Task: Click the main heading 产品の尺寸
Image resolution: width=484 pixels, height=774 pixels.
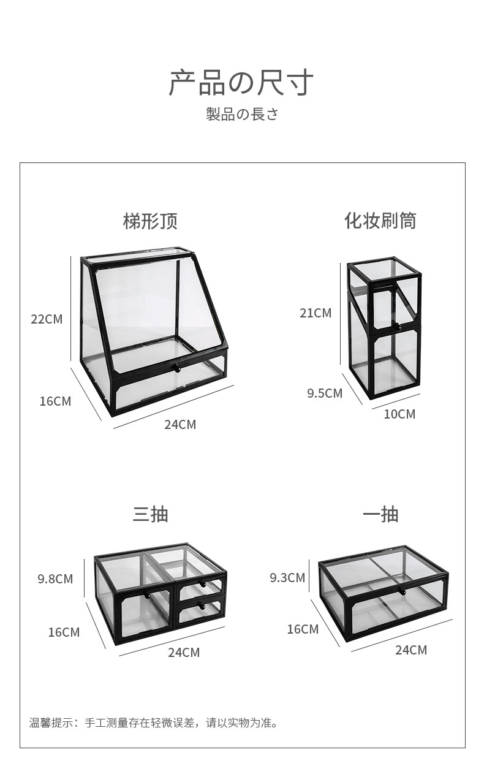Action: click(x=241, y=83)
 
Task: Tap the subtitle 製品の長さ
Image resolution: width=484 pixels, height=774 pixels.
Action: click(x=242, y=115)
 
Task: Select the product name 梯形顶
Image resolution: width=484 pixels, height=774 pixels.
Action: click(x=150, y=221)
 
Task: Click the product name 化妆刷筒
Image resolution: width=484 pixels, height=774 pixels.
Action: click(x=380, y=221)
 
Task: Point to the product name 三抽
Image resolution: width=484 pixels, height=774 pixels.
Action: click(x=150, y=514)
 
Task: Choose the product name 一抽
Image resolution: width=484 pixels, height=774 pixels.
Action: click(x=380, y=514)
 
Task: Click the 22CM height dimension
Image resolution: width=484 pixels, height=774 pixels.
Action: click(x=47, y=319)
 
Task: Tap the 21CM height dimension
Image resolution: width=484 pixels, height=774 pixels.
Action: click(x=316, y=313)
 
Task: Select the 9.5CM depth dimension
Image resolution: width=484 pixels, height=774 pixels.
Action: click(x=325, y=393)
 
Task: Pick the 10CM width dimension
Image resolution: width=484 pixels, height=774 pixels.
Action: click(x=399, y=414)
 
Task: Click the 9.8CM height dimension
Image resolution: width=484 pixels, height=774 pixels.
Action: click(x=55, y=579)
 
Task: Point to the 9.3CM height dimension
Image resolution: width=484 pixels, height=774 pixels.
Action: click(x=287, y=577)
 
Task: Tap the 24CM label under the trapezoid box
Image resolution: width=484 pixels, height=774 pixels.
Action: click(x=180, y=424)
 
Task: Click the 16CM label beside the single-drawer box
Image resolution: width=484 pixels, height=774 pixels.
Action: click(x=303, y=629)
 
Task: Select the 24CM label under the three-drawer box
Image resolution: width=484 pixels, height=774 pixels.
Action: click(x=184, y=653)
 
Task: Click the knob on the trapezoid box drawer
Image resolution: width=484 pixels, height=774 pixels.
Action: click(x=176, y=368)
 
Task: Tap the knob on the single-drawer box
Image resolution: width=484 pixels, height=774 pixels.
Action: click(x=403, y=591)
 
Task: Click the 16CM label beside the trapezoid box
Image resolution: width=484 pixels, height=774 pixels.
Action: click(x=55, y=401)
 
